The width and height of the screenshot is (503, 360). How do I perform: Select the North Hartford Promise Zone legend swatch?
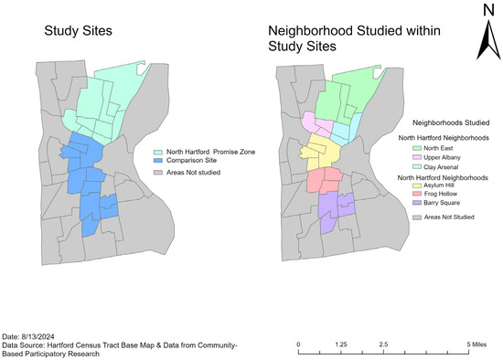(x=156, y=152)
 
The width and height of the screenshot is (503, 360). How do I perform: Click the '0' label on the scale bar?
(x=300, y=344)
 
